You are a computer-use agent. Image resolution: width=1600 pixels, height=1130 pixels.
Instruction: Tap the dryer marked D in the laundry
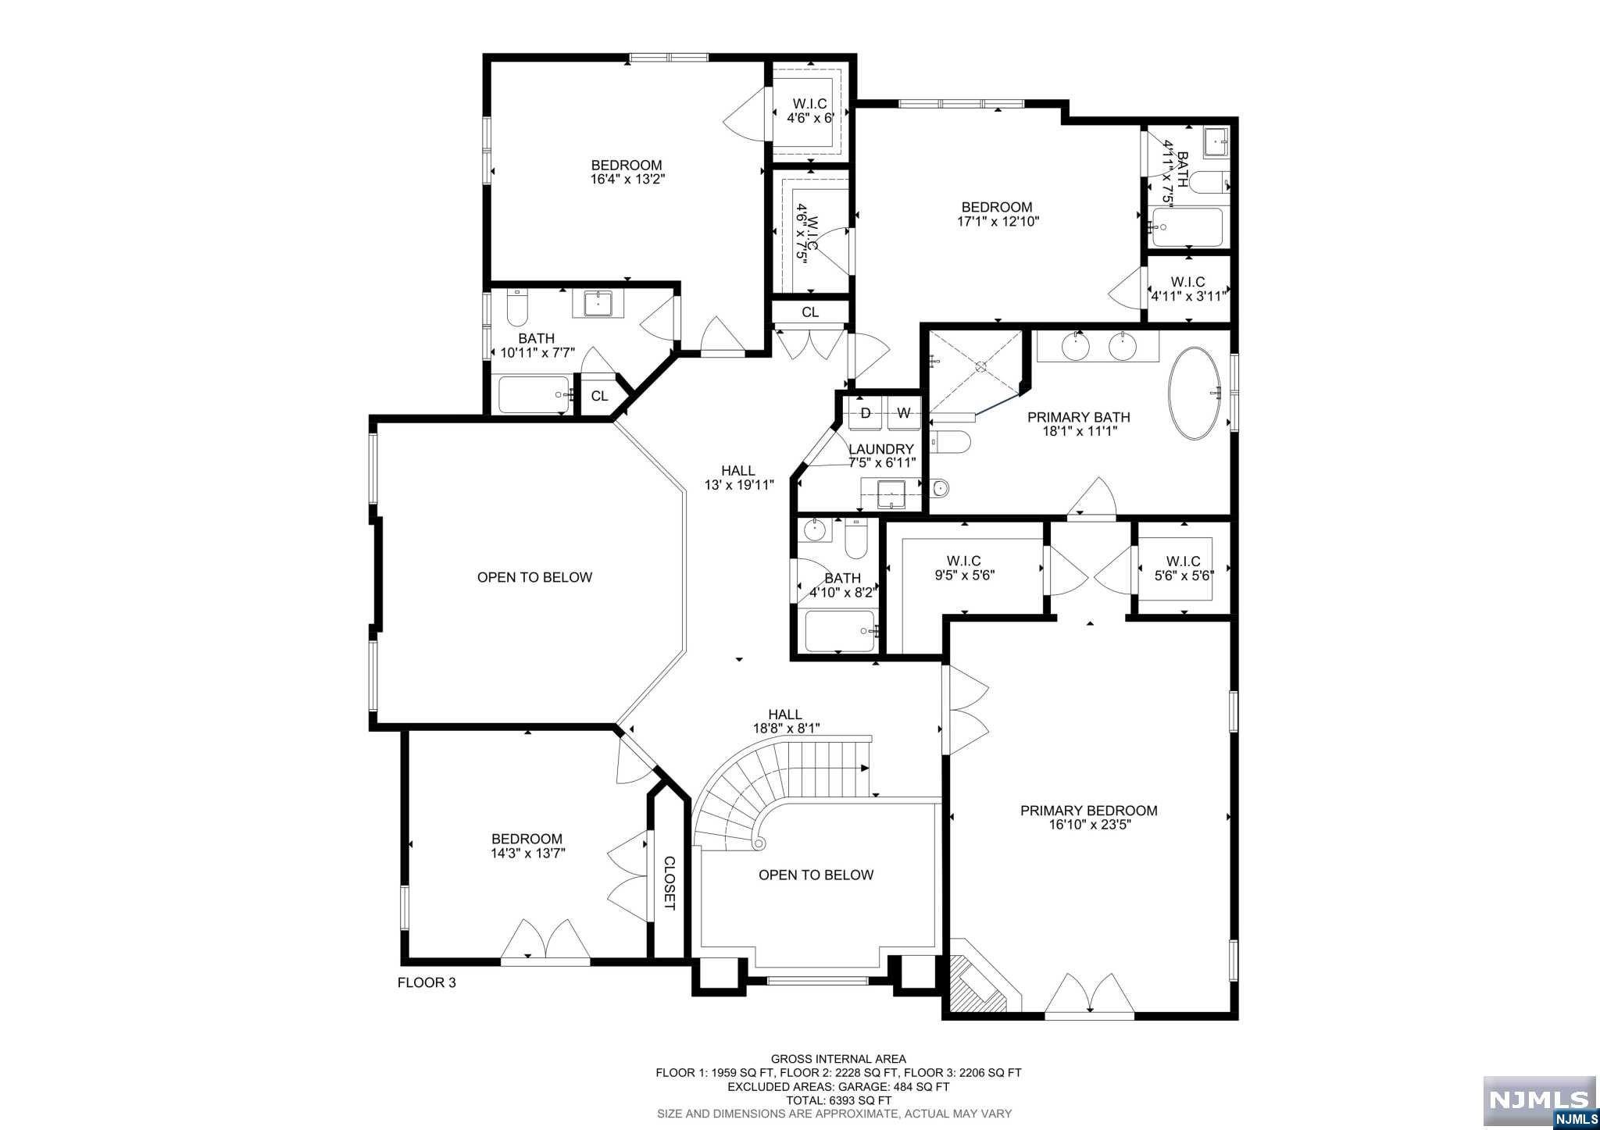click(x=866, y=413)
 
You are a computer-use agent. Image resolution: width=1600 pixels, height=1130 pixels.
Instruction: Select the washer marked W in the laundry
click(x=904, y=413)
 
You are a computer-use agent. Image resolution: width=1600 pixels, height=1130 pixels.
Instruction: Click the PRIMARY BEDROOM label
click(x=1089, y=811)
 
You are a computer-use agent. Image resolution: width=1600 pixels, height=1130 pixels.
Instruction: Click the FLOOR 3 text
click(x=427, y=982)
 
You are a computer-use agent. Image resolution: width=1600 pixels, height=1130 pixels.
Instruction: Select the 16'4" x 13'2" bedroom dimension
click(x=627, y=179)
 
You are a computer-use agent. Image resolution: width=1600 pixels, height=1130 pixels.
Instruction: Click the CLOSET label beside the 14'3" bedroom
click(x=670, y=883)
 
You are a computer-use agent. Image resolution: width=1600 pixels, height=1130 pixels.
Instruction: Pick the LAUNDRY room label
click(x=881, y=449)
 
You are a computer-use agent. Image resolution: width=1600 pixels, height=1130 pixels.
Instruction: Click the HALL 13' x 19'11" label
click(x=738, y=477)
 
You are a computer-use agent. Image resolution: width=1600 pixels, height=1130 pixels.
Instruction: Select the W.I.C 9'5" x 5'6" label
click(x=964, y=568)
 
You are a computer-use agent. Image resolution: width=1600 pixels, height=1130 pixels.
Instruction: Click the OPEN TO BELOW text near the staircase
click(x=816, y=875)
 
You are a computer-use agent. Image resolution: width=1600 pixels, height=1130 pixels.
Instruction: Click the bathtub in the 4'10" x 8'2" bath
click(x=841, y=630)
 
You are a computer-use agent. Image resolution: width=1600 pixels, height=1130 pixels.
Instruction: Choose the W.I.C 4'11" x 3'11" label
click(x=1187, y=289)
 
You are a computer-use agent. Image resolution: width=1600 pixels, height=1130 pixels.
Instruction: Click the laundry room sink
click(x=891, y=494)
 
